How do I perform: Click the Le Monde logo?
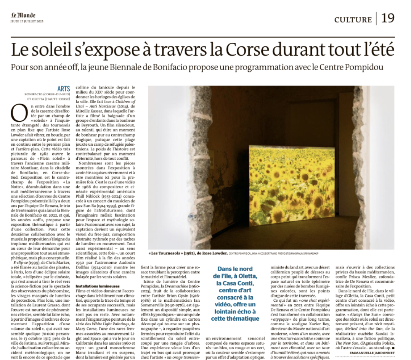tap(23, 15)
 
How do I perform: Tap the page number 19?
tap(387, 18)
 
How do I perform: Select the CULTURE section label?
tap(353, 19)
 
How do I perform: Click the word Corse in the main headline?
tap(247, 50)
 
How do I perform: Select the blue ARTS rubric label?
tap(64, 88)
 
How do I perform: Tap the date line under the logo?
tap(27, 21)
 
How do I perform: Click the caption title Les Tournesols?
tap(163, 253)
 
